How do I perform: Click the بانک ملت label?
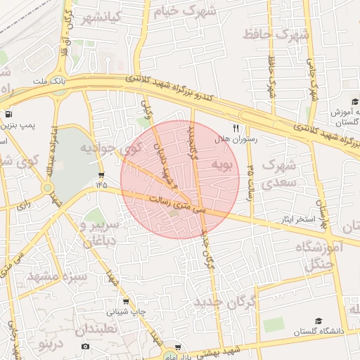49,81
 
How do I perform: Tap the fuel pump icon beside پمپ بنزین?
8,115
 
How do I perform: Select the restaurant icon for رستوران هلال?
236,129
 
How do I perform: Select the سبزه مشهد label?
57,275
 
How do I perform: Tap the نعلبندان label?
101,329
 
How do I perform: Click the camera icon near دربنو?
86,346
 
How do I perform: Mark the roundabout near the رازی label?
47,188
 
